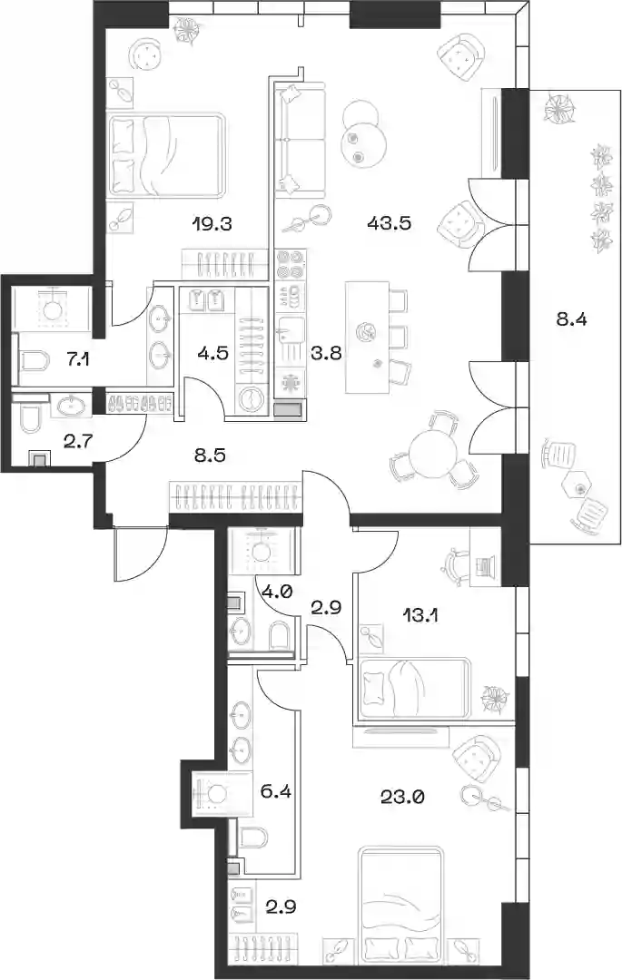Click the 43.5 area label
tap(389, 222)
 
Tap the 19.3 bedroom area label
tap(212, 222)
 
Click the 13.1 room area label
tap(420, 616)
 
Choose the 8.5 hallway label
tap(210, 455)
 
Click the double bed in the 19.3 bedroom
tap(165, 154)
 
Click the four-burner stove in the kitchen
tap(290, 264)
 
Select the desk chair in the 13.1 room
tap(459, 565)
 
